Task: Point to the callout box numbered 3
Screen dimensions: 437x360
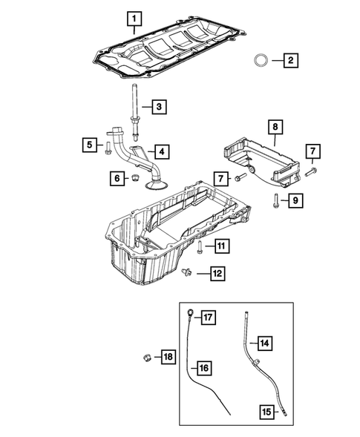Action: (158, 108)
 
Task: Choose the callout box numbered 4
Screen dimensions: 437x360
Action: (161, 151)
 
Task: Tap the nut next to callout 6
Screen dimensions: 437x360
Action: (134, 178)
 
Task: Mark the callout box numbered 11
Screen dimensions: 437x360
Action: (221, 245)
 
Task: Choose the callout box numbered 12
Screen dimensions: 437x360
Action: (217, 275)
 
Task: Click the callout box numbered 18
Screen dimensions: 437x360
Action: (168, 358)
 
